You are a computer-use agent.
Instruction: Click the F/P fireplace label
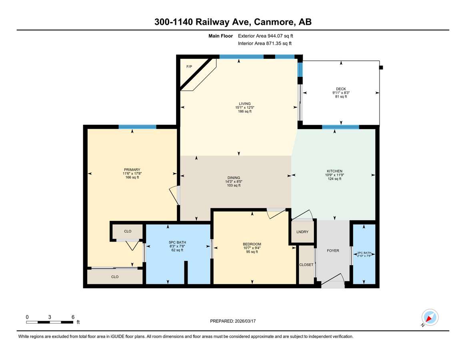(x=189, y=66)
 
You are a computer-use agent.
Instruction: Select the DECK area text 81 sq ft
(x=341, y=96)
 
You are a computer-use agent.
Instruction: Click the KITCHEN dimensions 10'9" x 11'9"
(x=334, y=175)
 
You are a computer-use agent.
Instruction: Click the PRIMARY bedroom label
(x=132, y=170)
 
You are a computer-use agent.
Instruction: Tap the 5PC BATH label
(x=177, y=242)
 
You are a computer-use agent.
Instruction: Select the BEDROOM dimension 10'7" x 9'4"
(x=252, y=248)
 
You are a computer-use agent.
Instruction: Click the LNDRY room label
(x=302, y=232)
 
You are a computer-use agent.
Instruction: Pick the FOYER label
(x=333, y=251)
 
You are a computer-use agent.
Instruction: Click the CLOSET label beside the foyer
(x=306, y=265)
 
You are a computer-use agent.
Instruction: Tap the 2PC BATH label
(x=364, y=253)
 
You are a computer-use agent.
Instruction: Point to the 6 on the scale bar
(x=73, y=317)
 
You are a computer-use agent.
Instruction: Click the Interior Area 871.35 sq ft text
(x=265, y=44)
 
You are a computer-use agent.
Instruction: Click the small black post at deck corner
(x=381, y=68)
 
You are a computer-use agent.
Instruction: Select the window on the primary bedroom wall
(x=137, y=127)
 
